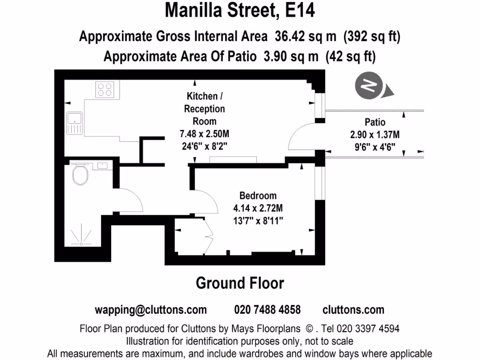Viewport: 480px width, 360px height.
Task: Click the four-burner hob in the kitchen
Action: tap(105, 90)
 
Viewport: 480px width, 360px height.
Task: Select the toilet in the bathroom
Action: tap(81, 175)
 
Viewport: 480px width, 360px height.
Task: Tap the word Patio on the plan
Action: tap(375, 122)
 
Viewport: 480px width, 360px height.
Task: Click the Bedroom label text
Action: tap(258, 195)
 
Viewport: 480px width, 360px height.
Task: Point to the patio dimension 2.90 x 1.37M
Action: tap(375, 135)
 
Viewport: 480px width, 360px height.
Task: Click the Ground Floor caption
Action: tap(240, 283)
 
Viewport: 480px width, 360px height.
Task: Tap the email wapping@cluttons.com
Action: tap(150, 310)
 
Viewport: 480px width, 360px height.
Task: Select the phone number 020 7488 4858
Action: tap(267, 310)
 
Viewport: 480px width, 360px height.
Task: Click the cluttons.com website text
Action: tap(353, 310)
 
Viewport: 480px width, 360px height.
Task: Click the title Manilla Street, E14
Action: tap(240, 10)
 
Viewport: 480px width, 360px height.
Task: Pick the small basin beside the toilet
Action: tap(102, 165)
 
